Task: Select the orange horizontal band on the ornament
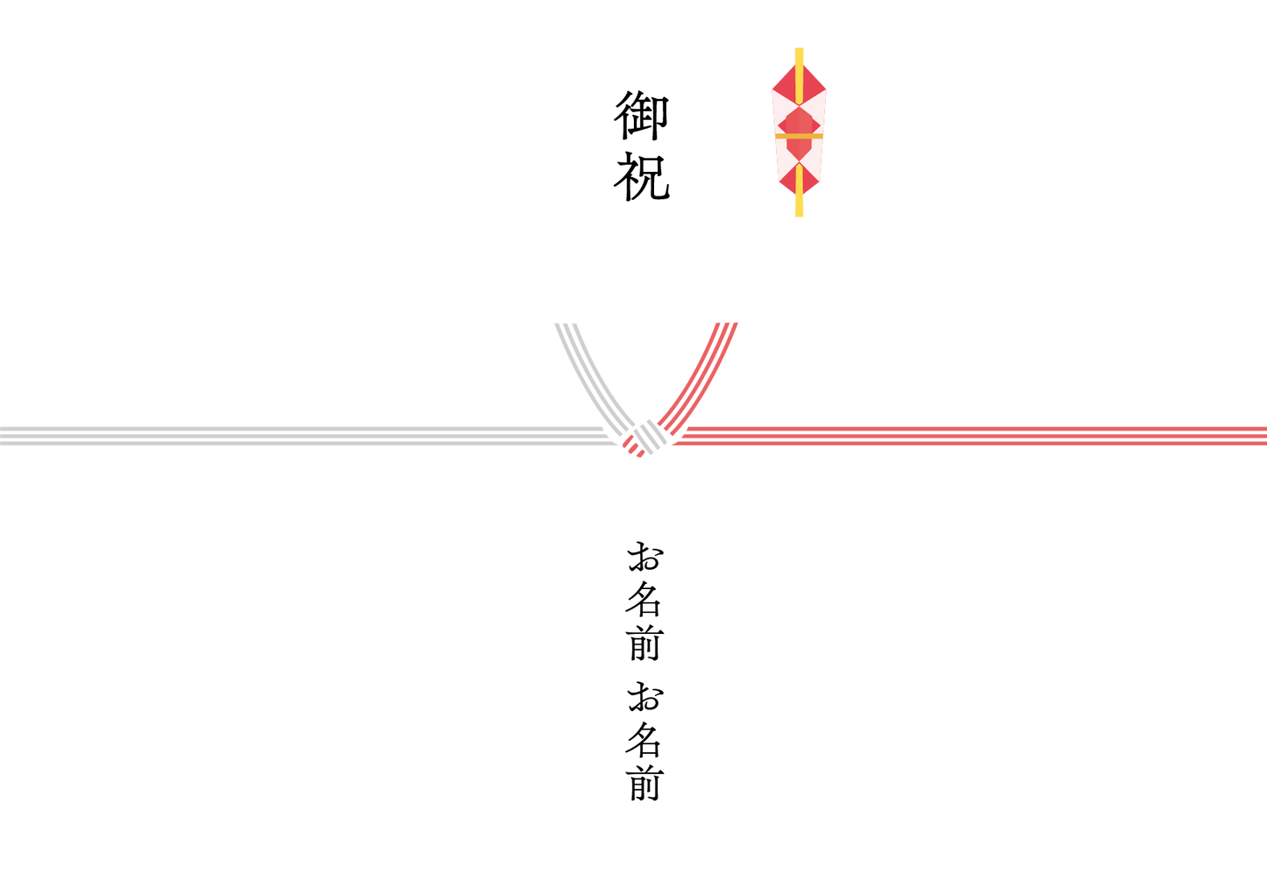coord(799,136)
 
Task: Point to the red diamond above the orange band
coord(799,120)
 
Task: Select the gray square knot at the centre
coord(649,434)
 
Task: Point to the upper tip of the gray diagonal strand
coord(566,325)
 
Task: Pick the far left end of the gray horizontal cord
coord(5,436)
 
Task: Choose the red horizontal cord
coord(964,436)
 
